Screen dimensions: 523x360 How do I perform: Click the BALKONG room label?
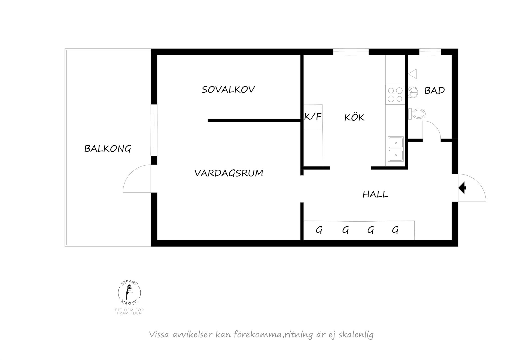pos(108,149)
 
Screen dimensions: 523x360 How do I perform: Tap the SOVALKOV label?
pos(228,89)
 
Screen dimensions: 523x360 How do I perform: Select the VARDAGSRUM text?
pos(229,173)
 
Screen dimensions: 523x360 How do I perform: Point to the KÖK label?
pos(354,117)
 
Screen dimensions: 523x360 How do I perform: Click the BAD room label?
pos(434,90)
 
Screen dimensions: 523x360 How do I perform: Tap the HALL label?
pos(375,194)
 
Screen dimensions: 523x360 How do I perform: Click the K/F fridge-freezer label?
pos(313,117)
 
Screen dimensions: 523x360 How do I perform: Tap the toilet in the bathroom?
pos(417,114)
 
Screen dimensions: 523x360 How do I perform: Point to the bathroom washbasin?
pos(413,92)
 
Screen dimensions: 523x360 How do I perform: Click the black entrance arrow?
pos(463,188)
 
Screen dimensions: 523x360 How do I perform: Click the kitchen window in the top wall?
pos(351,51)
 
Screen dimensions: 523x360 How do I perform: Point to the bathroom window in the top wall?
pos(430,51)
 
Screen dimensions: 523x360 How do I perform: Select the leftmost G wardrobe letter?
pos(319,230)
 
